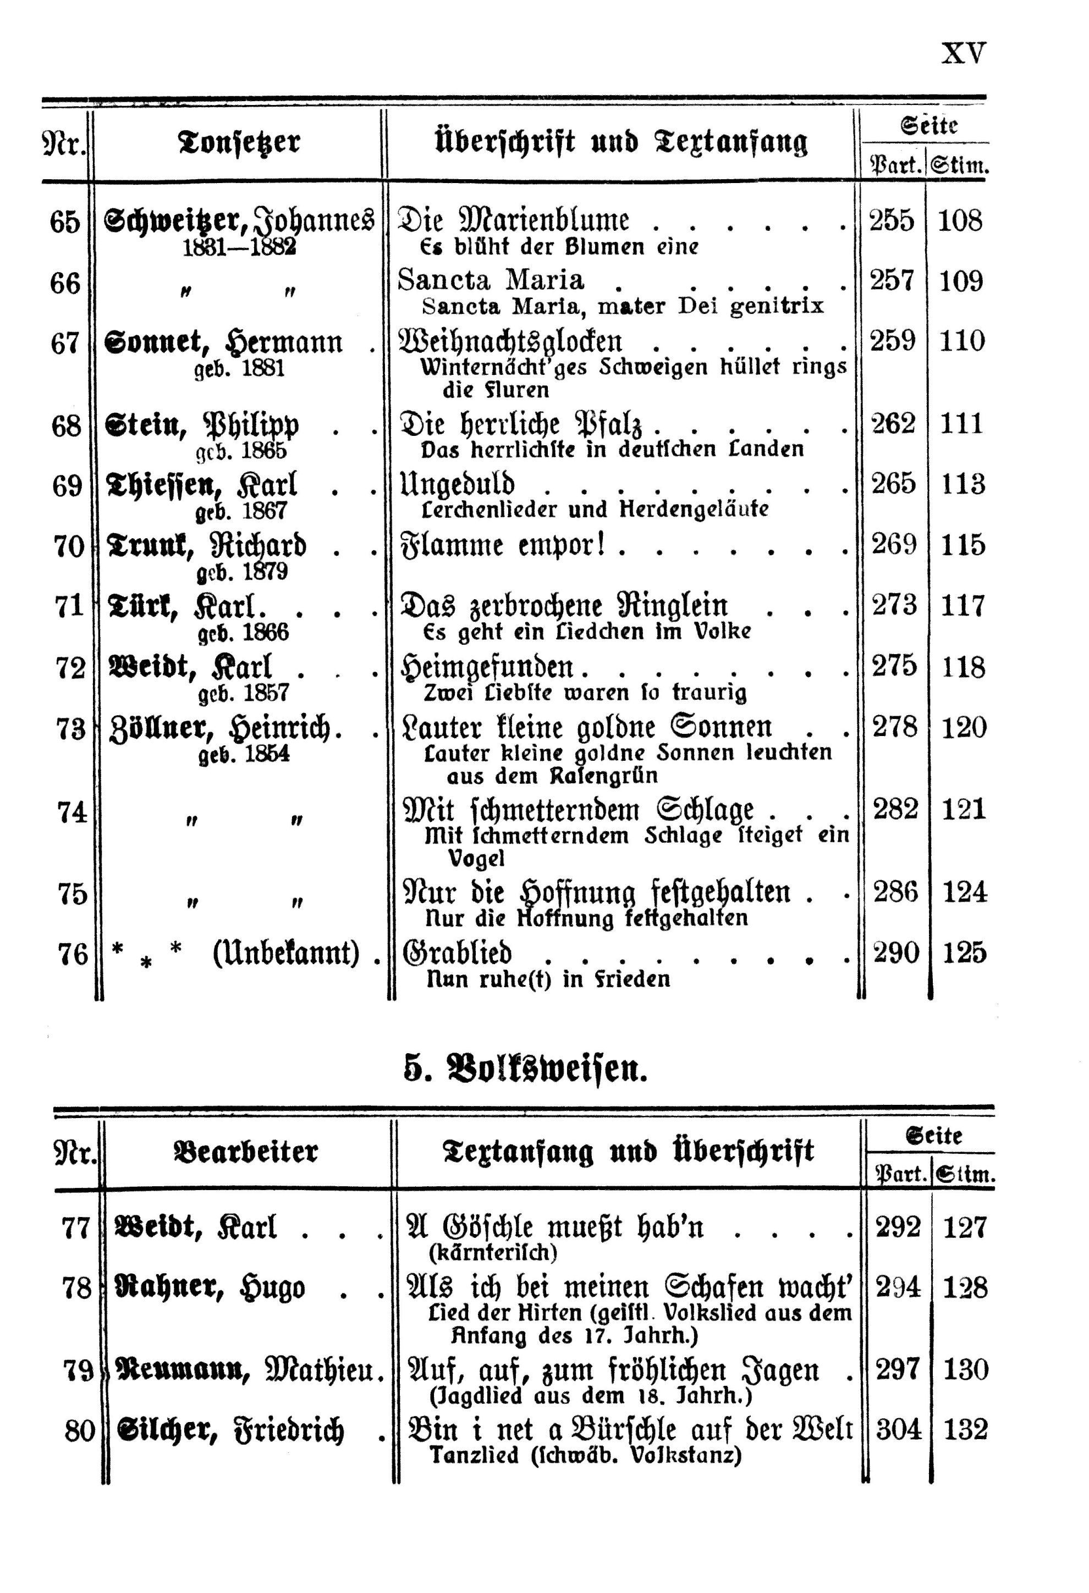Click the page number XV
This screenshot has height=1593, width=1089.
(x=964, y=53)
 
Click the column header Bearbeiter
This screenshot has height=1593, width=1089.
(x=246, y=1152)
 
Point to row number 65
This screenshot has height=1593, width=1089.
(x=64, y=222)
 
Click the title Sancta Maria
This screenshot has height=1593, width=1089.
(x=491, y=280)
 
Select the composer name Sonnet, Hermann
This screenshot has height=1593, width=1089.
(x=223, y=342)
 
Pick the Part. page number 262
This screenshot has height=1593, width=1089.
(x=893, y=424)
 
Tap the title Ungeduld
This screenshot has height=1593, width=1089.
(x=458, y=485)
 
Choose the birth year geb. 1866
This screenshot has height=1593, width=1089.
(x=244, y=633)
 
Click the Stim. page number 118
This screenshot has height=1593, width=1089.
(x=964, y=667)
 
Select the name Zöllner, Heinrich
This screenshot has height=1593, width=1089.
(x=226, y=728)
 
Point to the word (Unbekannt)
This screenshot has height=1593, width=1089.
(x=286, y=953)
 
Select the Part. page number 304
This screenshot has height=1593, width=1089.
(x=898, y=1430)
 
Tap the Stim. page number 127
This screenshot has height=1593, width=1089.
(x=965, y=1227)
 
